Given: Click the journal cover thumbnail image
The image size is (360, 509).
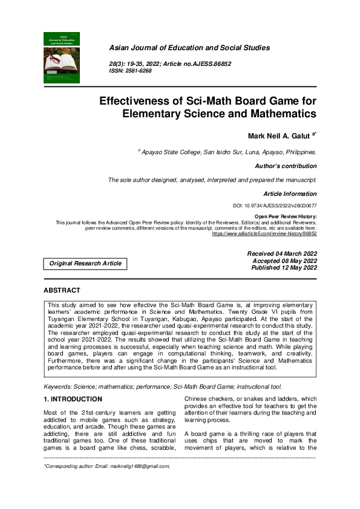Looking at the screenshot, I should click(62, 57).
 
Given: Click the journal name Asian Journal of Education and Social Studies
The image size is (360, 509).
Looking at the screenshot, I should click(189, 48).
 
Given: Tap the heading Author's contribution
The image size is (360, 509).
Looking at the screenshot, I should click(286, 166).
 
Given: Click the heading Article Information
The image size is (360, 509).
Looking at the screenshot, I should click(290, 194).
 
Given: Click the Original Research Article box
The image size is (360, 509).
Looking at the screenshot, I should click(85, 263).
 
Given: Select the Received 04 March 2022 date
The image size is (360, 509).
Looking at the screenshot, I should click(282, 254).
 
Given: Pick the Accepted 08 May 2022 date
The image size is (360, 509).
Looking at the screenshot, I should click(284, 261).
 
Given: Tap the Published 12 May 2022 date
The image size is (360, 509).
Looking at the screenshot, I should click(284, 267).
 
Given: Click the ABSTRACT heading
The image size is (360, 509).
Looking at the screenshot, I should click(62, 291).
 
